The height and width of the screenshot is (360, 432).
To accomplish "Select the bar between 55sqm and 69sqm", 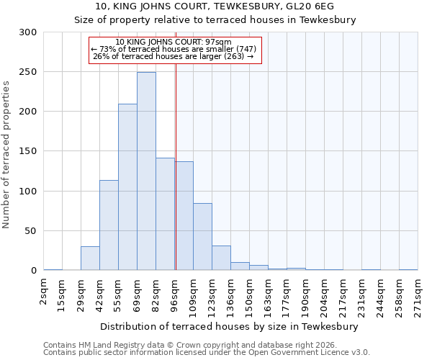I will point(127,187).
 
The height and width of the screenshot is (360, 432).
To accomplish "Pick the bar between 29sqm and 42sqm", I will point(90,258).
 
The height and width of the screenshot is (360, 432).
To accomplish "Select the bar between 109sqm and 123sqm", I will point(202,237).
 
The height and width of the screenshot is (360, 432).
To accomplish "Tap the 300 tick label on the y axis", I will point(28,32).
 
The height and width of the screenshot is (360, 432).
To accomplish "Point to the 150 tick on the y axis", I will point(28,151).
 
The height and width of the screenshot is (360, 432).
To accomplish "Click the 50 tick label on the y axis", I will point(31,231).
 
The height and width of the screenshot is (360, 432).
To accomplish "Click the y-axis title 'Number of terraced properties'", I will point(6,154).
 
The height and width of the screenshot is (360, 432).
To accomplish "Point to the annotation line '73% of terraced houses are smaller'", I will point(174,48).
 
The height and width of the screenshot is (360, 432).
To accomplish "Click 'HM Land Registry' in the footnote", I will point(103,345).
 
